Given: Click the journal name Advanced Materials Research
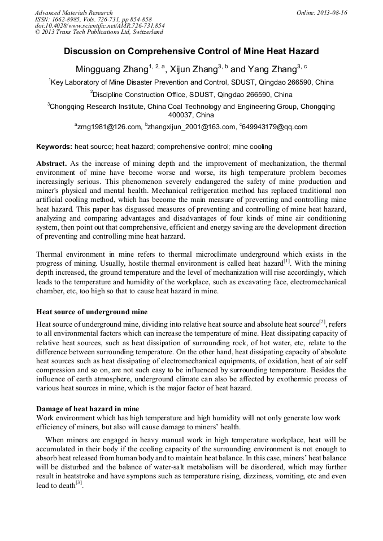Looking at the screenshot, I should point(73,12).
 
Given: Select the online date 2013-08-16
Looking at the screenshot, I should point(331,12).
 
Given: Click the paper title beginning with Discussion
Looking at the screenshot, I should point(191,51).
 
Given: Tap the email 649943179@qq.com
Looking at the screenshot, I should point(275,127).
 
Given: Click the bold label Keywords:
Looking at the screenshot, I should point(54,147).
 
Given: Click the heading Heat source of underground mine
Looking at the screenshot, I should point(92,311).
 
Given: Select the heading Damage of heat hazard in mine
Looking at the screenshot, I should point(88,408).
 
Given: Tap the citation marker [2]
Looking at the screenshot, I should point(322,322).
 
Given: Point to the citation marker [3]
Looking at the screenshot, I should point(79,483).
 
